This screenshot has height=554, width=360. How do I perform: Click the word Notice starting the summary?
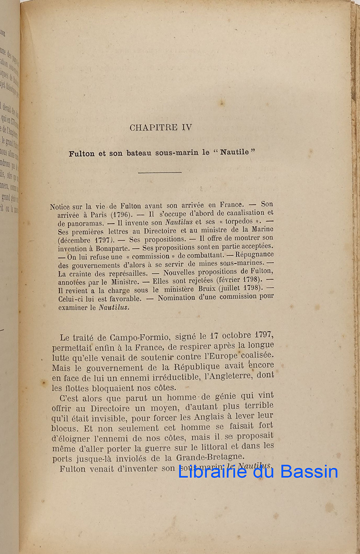click(x=61, y=207)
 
